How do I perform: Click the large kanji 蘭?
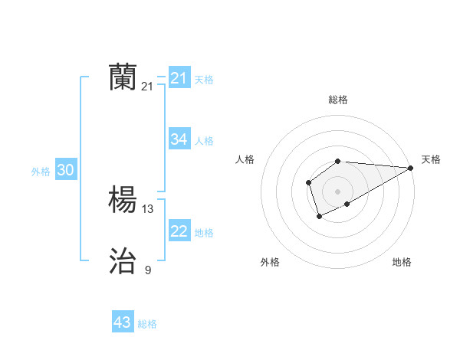(123, 77)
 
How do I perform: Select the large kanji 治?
(123, 262)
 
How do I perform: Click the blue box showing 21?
(179, 78)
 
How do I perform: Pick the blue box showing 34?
(179, 139)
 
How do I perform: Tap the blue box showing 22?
(179, 231)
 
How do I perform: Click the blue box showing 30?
(65, 171)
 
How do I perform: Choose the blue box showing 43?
(123, 322)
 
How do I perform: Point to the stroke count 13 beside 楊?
(148, 208)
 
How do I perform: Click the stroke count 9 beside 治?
(148, 270)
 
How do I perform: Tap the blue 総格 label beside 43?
(147, 324)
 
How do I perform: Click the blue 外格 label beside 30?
(41, 172)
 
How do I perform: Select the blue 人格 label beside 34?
(204, 141)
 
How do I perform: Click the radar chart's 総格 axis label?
(338, 100)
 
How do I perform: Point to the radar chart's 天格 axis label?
(431, 159)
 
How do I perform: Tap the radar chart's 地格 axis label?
(402, 262)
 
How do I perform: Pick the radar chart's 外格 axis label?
(270, 262)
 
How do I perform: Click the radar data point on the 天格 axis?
(411, 168)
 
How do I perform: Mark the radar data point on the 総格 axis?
(338, 161)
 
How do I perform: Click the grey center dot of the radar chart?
(338, 191)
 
